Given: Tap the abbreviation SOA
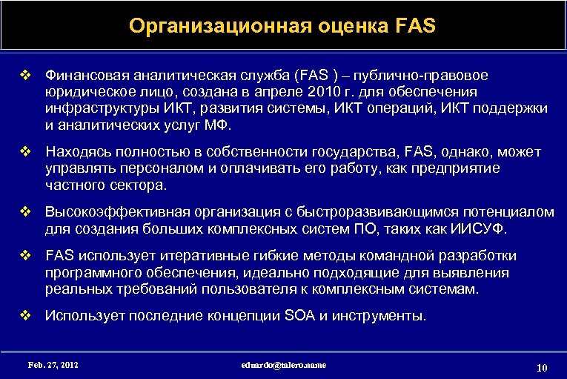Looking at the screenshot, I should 299,316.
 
